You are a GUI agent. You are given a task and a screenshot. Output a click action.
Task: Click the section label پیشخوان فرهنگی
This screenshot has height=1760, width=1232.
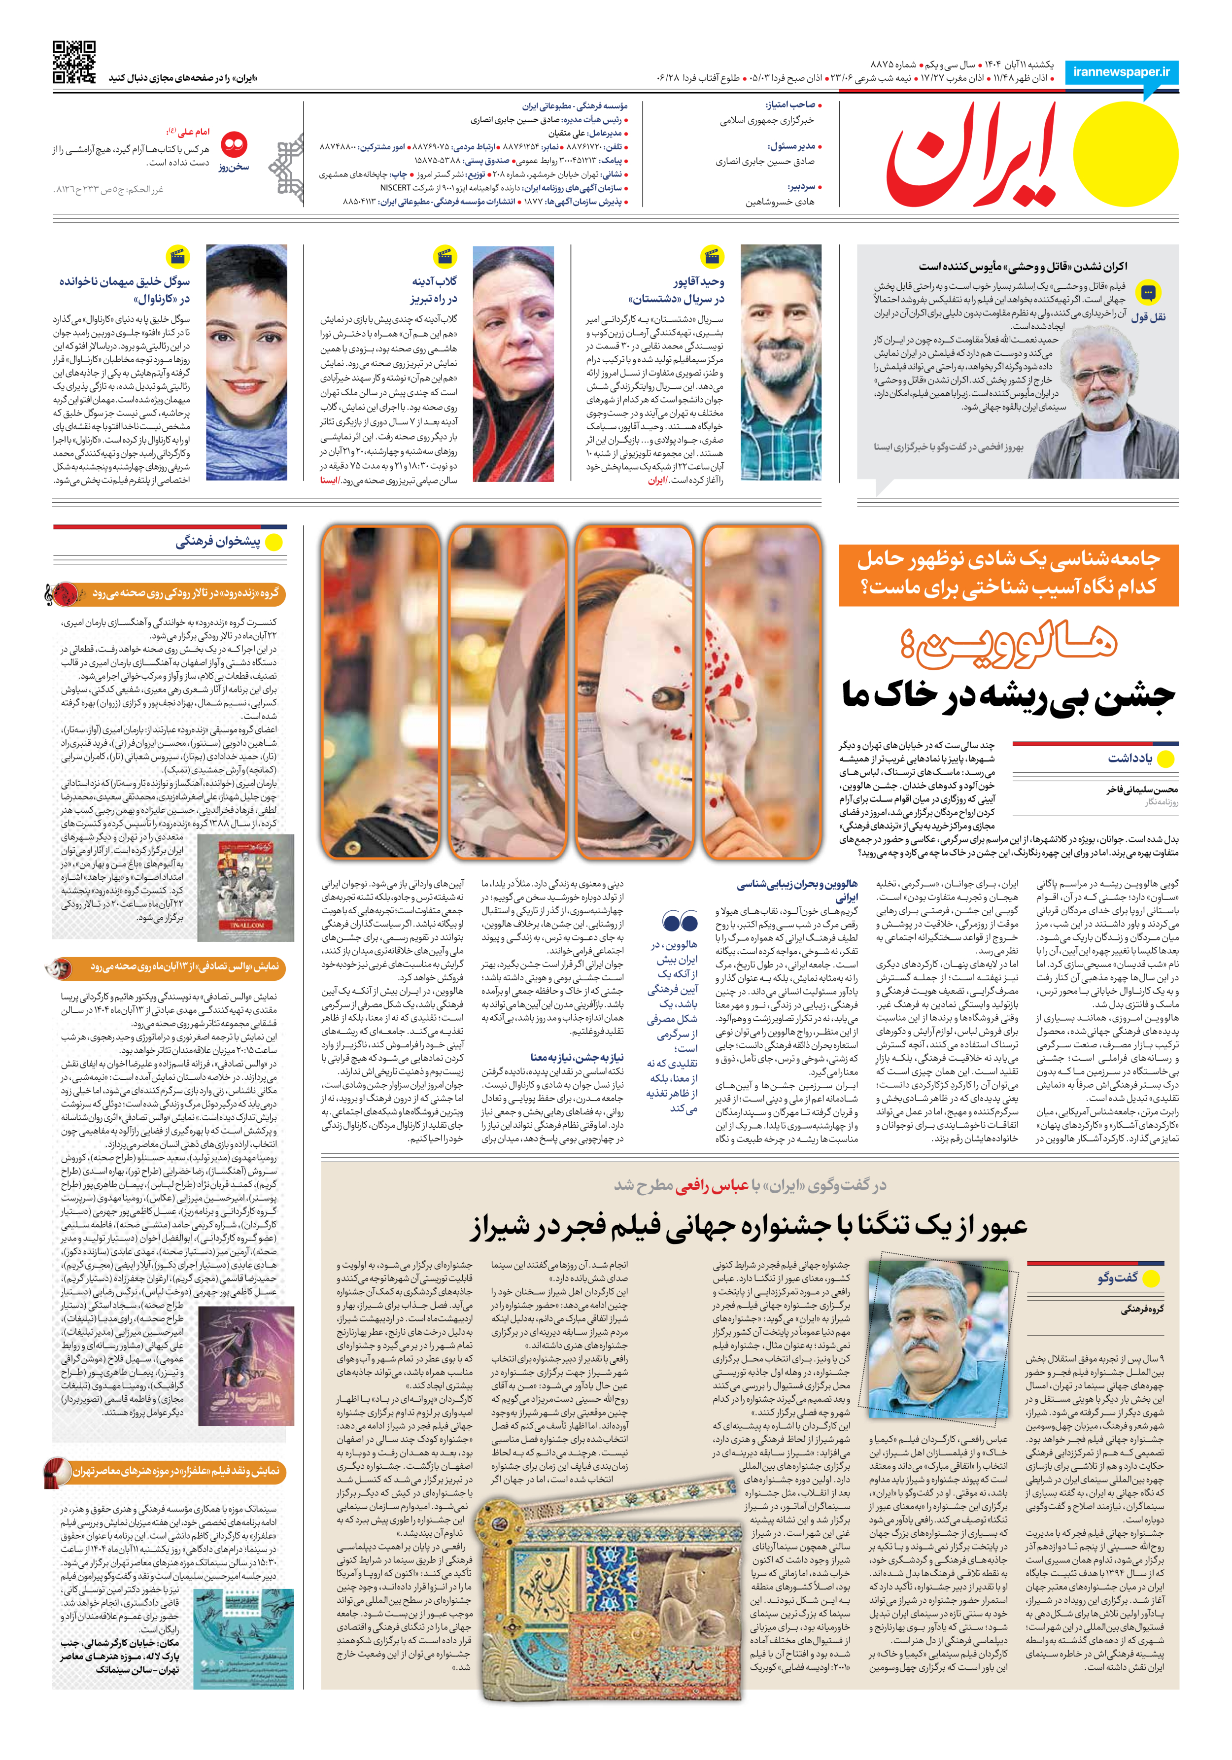[218, 542]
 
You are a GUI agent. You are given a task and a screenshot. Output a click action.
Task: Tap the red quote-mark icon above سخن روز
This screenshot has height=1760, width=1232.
[233, 143]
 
